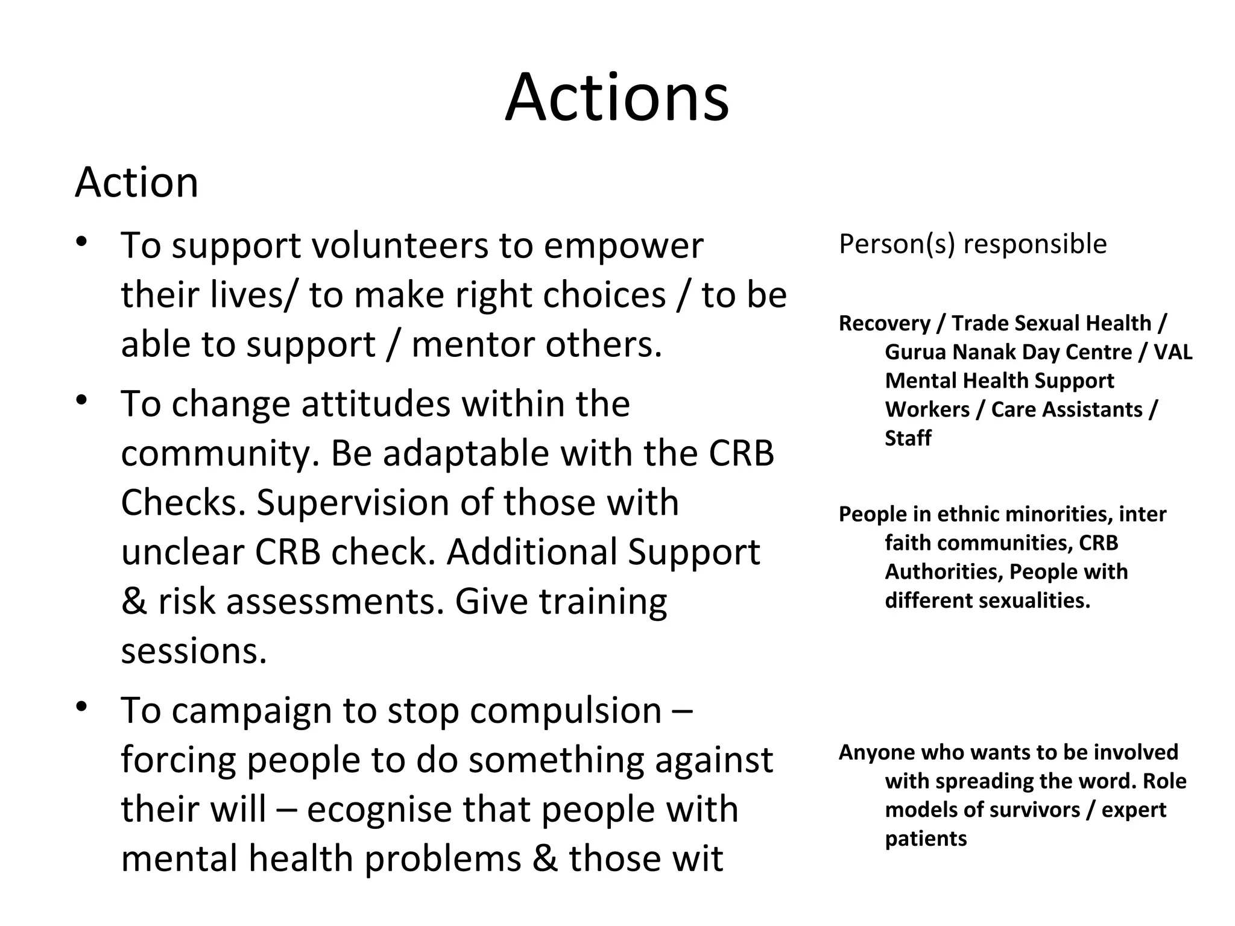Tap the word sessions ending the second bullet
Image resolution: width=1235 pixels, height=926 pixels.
(x=194, y=652)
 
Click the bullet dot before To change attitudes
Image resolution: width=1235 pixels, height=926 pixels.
(x=83, y=399)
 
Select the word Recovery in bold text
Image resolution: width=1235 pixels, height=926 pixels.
(x=884, y=324)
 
